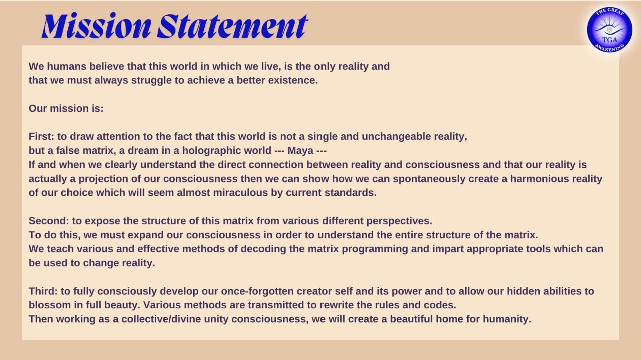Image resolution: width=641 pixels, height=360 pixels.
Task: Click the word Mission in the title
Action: tap(96, 25)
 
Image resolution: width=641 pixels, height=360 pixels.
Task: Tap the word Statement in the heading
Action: tap(232, 26)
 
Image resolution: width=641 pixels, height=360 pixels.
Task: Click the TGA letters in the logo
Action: tap(609, 40)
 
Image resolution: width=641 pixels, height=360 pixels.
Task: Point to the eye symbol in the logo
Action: tap(609, 30)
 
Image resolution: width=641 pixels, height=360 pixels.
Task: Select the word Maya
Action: tap(300, 151)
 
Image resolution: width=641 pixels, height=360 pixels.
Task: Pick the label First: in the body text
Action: tap(41, 136)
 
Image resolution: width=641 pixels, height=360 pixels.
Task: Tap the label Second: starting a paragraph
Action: tap(49, 221)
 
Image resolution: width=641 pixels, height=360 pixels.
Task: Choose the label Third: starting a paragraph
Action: tap(43, 291)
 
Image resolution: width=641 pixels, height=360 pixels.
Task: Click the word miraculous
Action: tap(240, 193)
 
